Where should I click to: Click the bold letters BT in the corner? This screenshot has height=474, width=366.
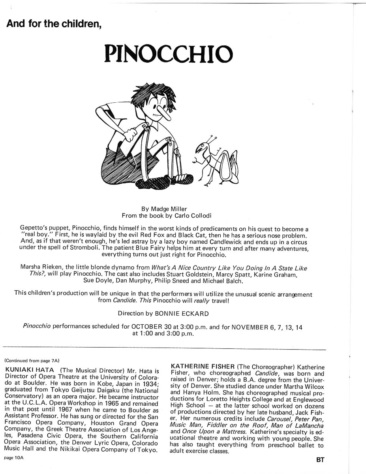point(319,460)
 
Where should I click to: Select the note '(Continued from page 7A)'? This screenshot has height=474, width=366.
point(32,360)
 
